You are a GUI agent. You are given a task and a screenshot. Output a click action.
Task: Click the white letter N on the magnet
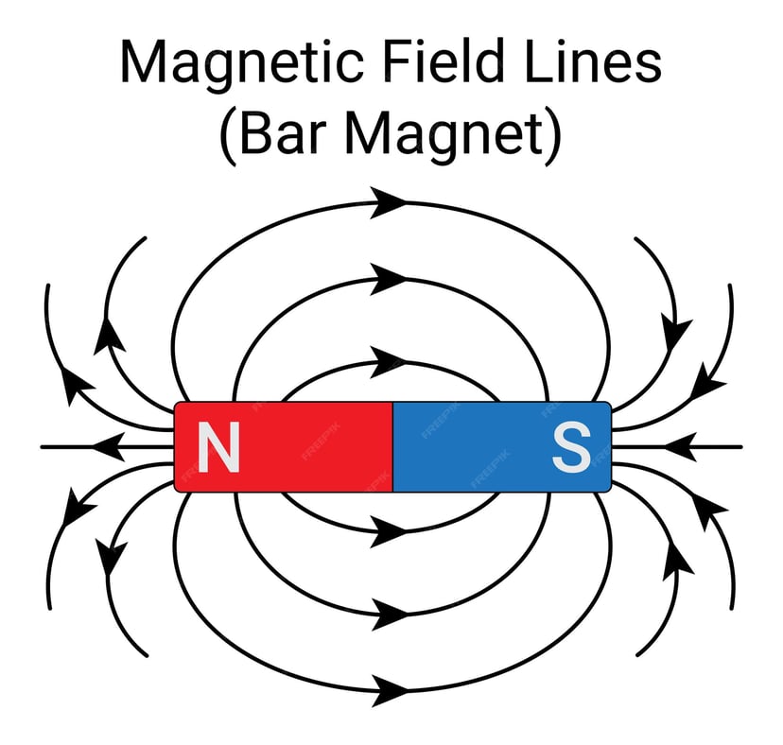[218, 447]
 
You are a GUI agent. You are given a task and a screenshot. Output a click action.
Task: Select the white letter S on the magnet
[571, 447]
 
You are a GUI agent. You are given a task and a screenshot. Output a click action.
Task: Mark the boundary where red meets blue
[392, 446]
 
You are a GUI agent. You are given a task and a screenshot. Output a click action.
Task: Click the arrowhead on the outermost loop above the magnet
[388, 200]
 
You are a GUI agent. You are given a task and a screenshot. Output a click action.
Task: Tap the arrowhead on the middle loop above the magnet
[388, 278]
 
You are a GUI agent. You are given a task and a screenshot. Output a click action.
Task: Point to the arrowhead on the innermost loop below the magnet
[388, 531]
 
